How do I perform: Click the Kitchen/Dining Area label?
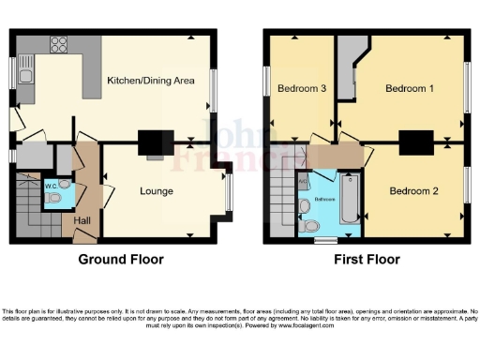[151, 81]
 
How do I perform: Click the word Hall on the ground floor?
[83, 221]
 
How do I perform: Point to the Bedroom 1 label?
[410, 89]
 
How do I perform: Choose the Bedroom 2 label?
[413, 190]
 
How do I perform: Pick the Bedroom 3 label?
[301, 89]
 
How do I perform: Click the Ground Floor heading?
[116, 260]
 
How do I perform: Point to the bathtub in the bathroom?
[349, 198]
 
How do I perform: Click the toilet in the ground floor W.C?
[53, 198]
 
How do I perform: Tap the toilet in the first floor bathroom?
[308, 225]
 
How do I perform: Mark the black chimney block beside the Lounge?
[151, 142]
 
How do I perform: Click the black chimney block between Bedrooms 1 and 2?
[412, 142]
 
